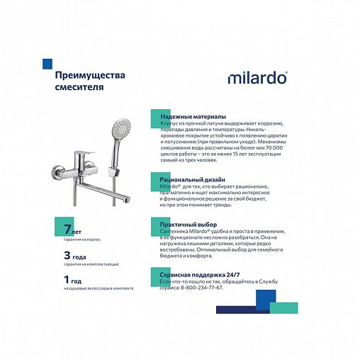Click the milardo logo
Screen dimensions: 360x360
click(257, 77)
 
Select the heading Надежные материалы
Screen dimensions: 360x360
click(193, 116)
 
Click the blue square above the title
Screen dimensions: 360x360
click(47, 62)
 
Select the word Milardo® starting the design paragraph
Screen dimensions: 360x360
click(164, 186)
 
